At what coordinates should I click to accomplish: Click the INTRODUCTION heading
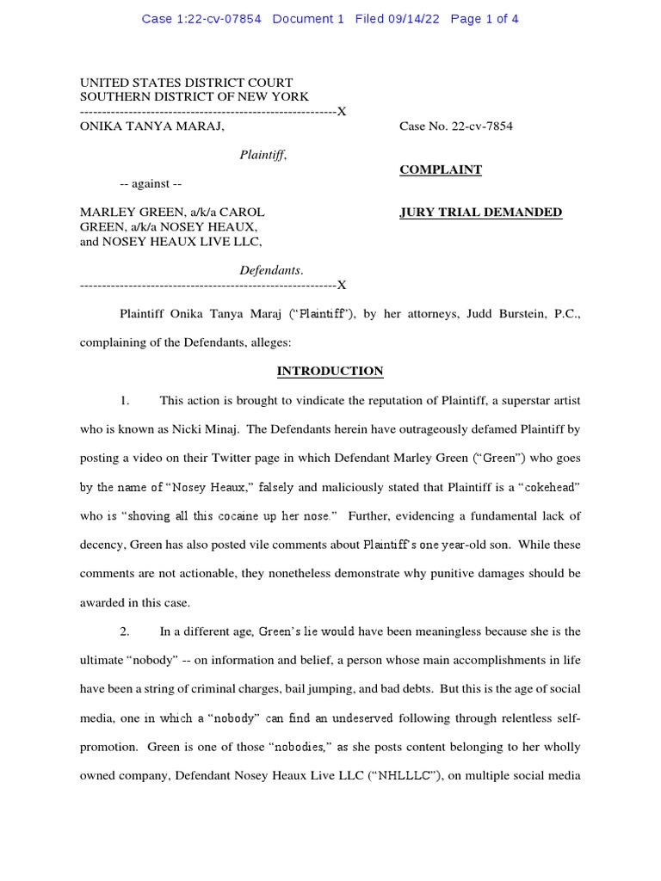point(330,372)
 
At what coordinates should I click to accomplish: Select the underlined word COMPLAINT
point(441,169)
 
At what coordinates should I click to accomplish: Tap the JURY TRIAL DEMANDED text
point(480,213)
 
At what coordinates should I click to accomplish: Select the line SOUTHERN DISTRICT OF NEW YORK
point(195,97)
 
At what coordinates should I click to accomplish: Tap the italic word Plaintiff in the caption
point(262,155)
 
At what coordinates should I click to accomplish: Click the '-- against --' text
point(151,184)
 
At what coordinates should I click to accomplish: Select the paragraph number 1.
point(125,401)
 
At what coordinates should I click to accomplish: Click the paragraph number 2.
point(125,631)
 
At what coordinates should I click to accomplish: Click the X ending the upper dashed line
point(342,112)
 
